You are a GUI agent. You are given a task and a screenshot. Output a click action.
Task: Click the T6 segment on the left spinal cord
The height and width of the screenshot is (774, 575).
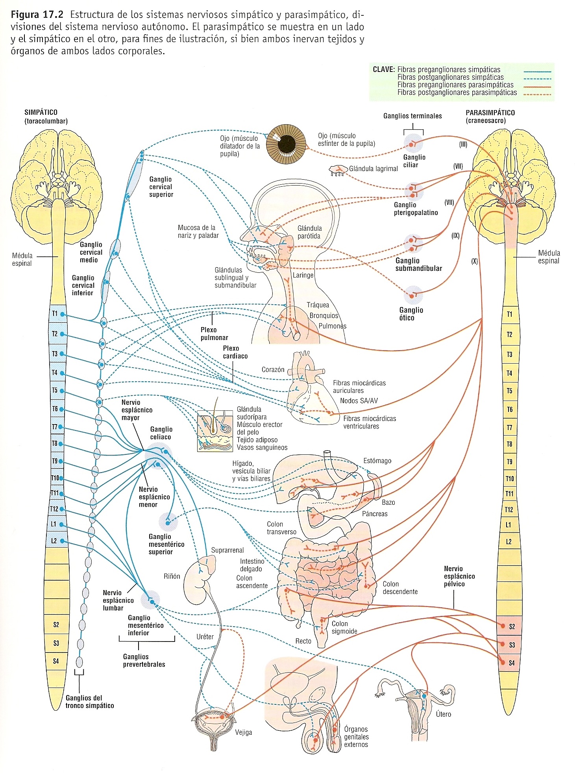(55, 409)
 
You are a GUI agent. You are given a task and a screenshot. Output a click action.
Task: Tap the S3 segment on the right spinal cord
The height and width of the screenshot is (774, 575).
(511, 645)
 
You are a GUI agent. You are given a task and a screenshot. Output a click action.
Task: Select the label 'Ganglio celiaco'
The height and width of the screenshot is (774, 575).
(161, 433)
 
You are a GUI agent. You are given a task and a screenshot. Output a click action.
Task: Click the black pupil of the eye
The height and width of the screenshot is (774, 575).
(287, 144)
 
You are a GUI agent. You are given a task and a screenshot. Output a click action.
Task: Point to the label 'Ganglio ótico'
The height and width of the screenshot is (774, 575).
(411, 314)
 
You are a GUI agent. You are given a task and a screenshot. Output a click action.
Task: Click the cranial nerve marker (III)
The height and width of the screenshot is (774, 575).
(463, 144)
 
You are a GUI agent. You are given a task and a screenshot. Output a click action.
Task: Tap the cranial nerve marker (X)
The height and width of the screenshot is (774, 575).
(474, 261)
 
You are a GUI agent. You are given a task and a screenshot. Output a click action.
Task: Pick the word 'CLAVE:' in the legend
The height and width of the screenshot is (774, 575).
(383, 70)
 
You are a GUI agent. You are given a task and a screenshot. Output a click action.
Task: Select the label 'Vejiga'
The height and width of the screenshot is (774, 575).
(243, 732)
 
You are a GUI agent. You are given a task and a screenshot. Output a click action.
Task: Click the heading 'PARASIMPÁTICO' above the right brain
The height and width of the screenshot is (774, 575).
(490, 112)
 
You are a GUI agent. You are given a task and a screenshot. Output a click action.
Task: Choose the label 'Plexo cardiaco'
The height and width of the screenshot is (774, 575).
(235, 352)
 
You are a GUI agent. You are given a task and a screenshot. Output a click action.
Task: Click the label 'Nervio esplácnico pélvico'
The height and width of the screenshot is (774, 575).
(459, 576)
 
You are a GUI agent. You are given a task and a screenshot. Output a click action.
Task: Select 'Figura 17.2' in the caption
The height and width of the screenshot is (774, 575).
(37, 15)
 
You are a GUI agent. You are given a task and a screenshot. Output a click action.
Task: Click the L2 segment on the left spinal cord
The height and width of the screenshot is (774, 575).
(55, 541)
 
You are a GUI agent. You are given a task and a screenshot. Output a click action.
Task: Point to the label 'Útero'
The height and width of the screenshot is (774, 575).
(443, 714)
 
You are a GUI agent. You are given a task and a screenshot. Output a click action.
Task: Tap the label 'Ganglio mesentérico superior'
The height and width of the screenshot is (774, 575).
(166, 544)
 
